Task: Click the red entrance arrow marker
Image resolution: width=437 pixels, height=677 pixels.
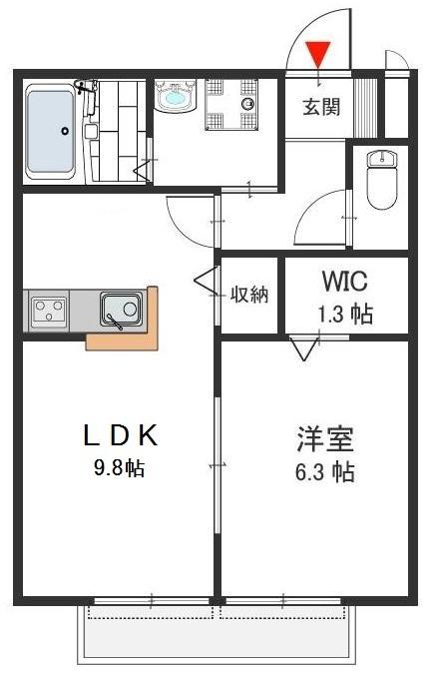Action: coord(318,51)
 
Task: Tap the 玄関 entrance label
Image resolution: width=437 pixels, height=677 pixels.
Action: coord(321,106)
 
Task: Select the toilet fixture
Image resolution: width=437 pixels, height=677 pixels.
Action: coord(383,178)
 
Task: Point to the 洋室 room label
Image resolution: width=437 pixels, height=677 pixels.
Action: coord(325,438)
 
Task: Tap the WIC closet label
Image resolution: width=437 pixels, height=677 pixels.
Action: coord(345,281)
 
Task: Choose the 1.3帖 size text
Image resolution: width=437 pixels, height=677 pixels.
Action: coord(345,315)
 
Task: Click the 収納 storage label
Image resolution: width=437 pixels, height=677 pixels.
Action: coord(249,294)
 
